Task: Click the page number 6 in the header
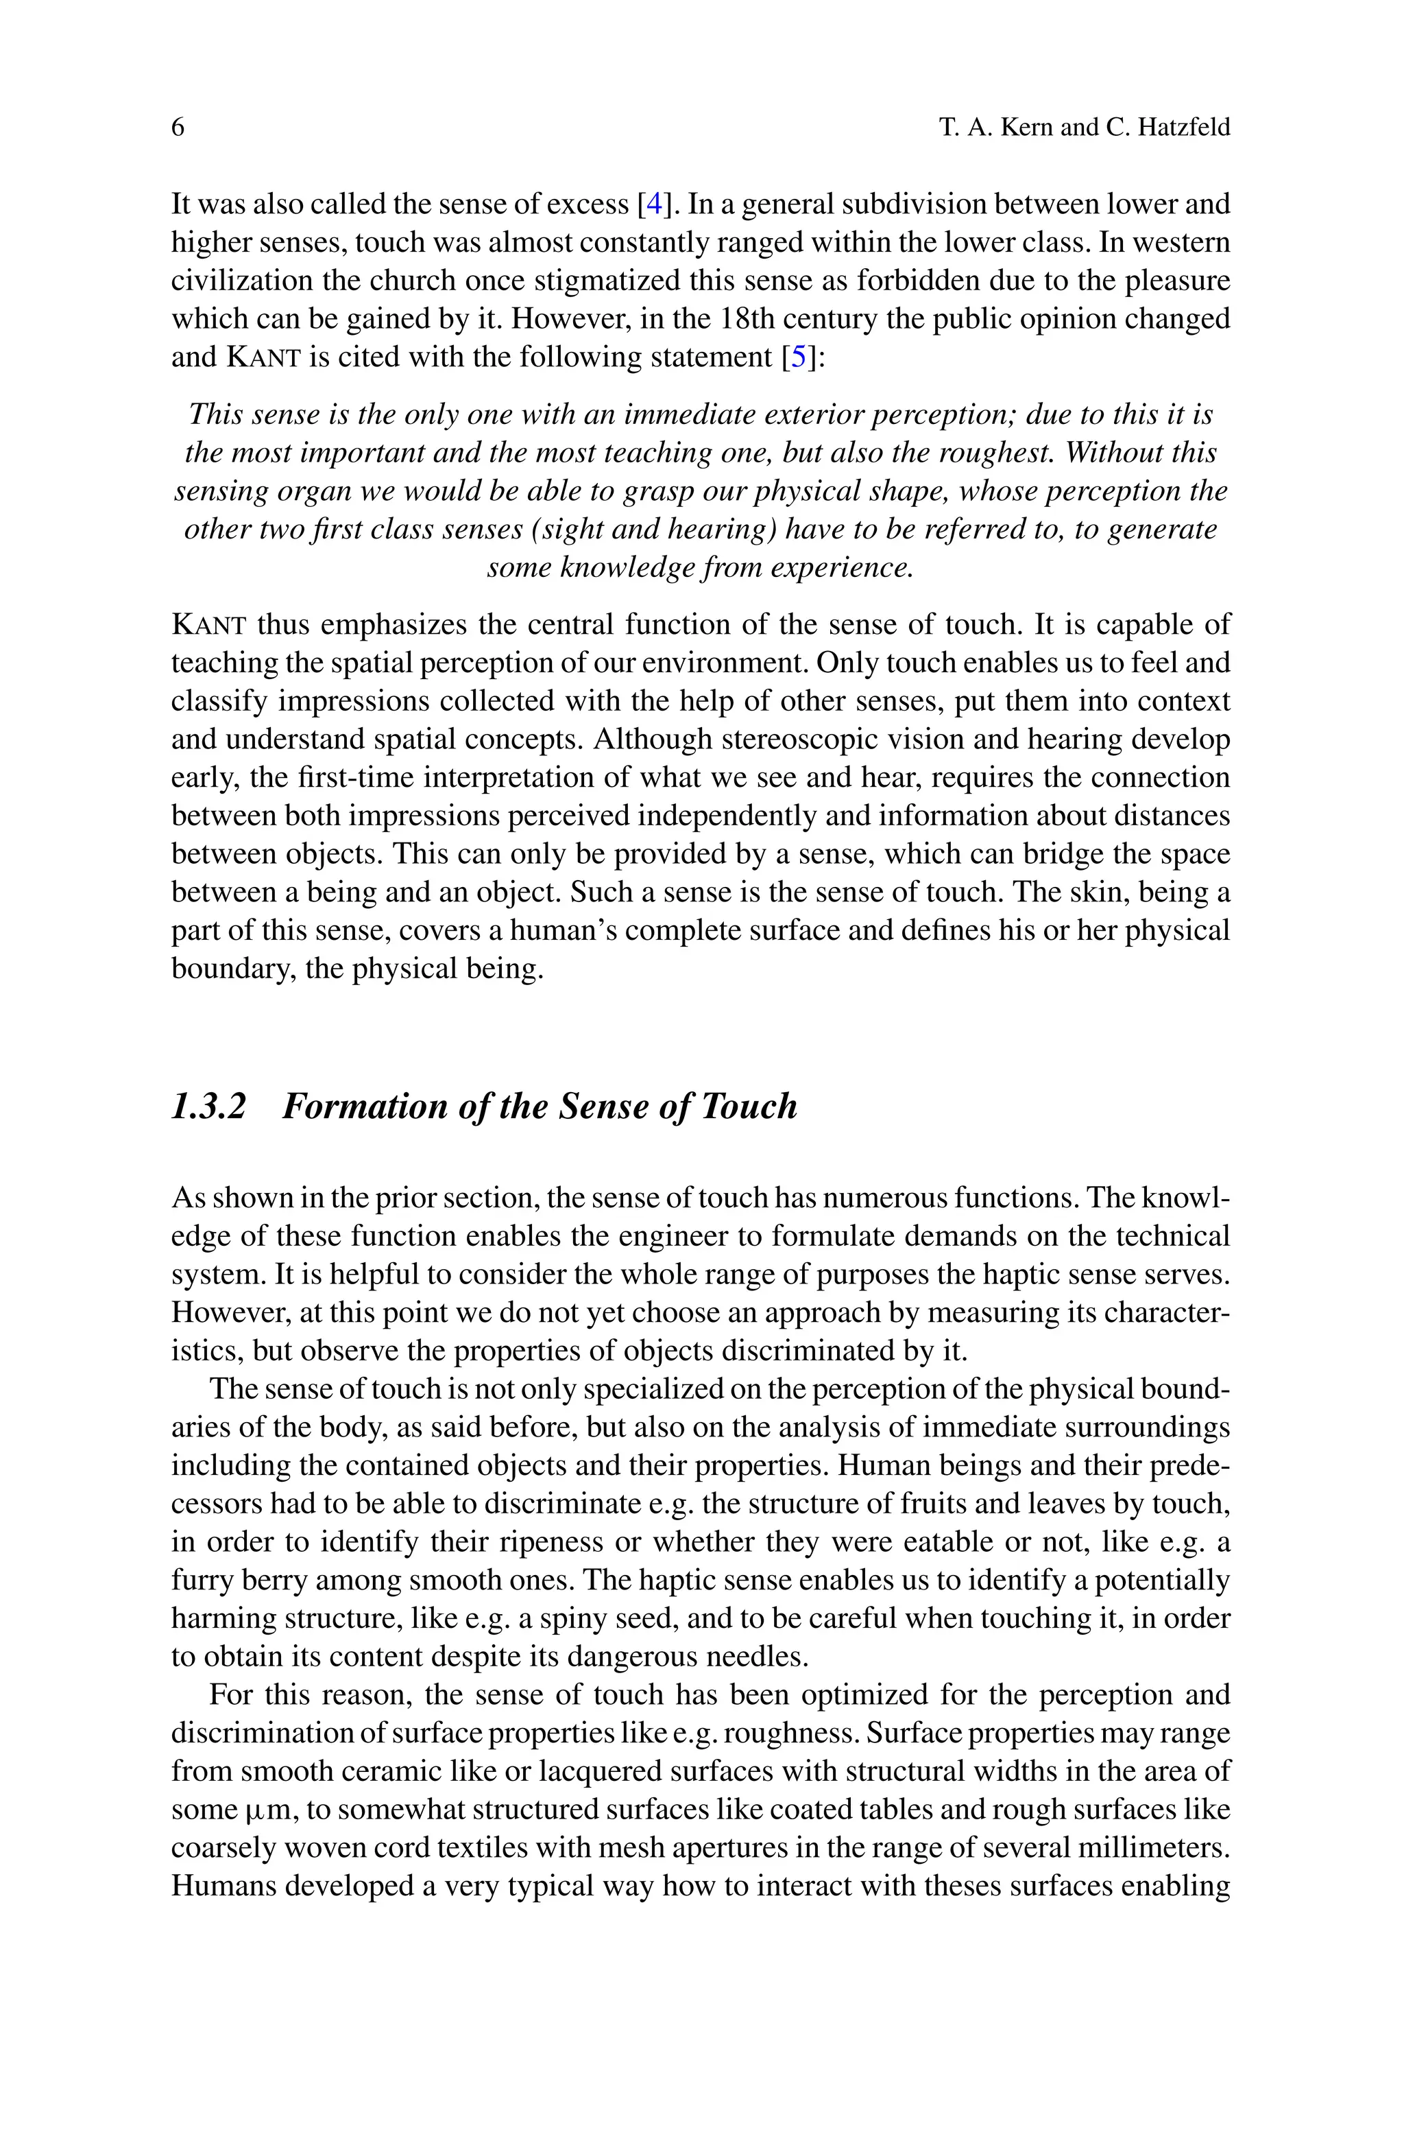pyautogui.click(x=178, y=127)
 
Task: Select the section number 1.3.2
pyautogui.click(x=208, y=1107)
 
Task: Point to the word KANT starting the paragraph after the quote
pyautogui.click(x=208, y=624)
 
